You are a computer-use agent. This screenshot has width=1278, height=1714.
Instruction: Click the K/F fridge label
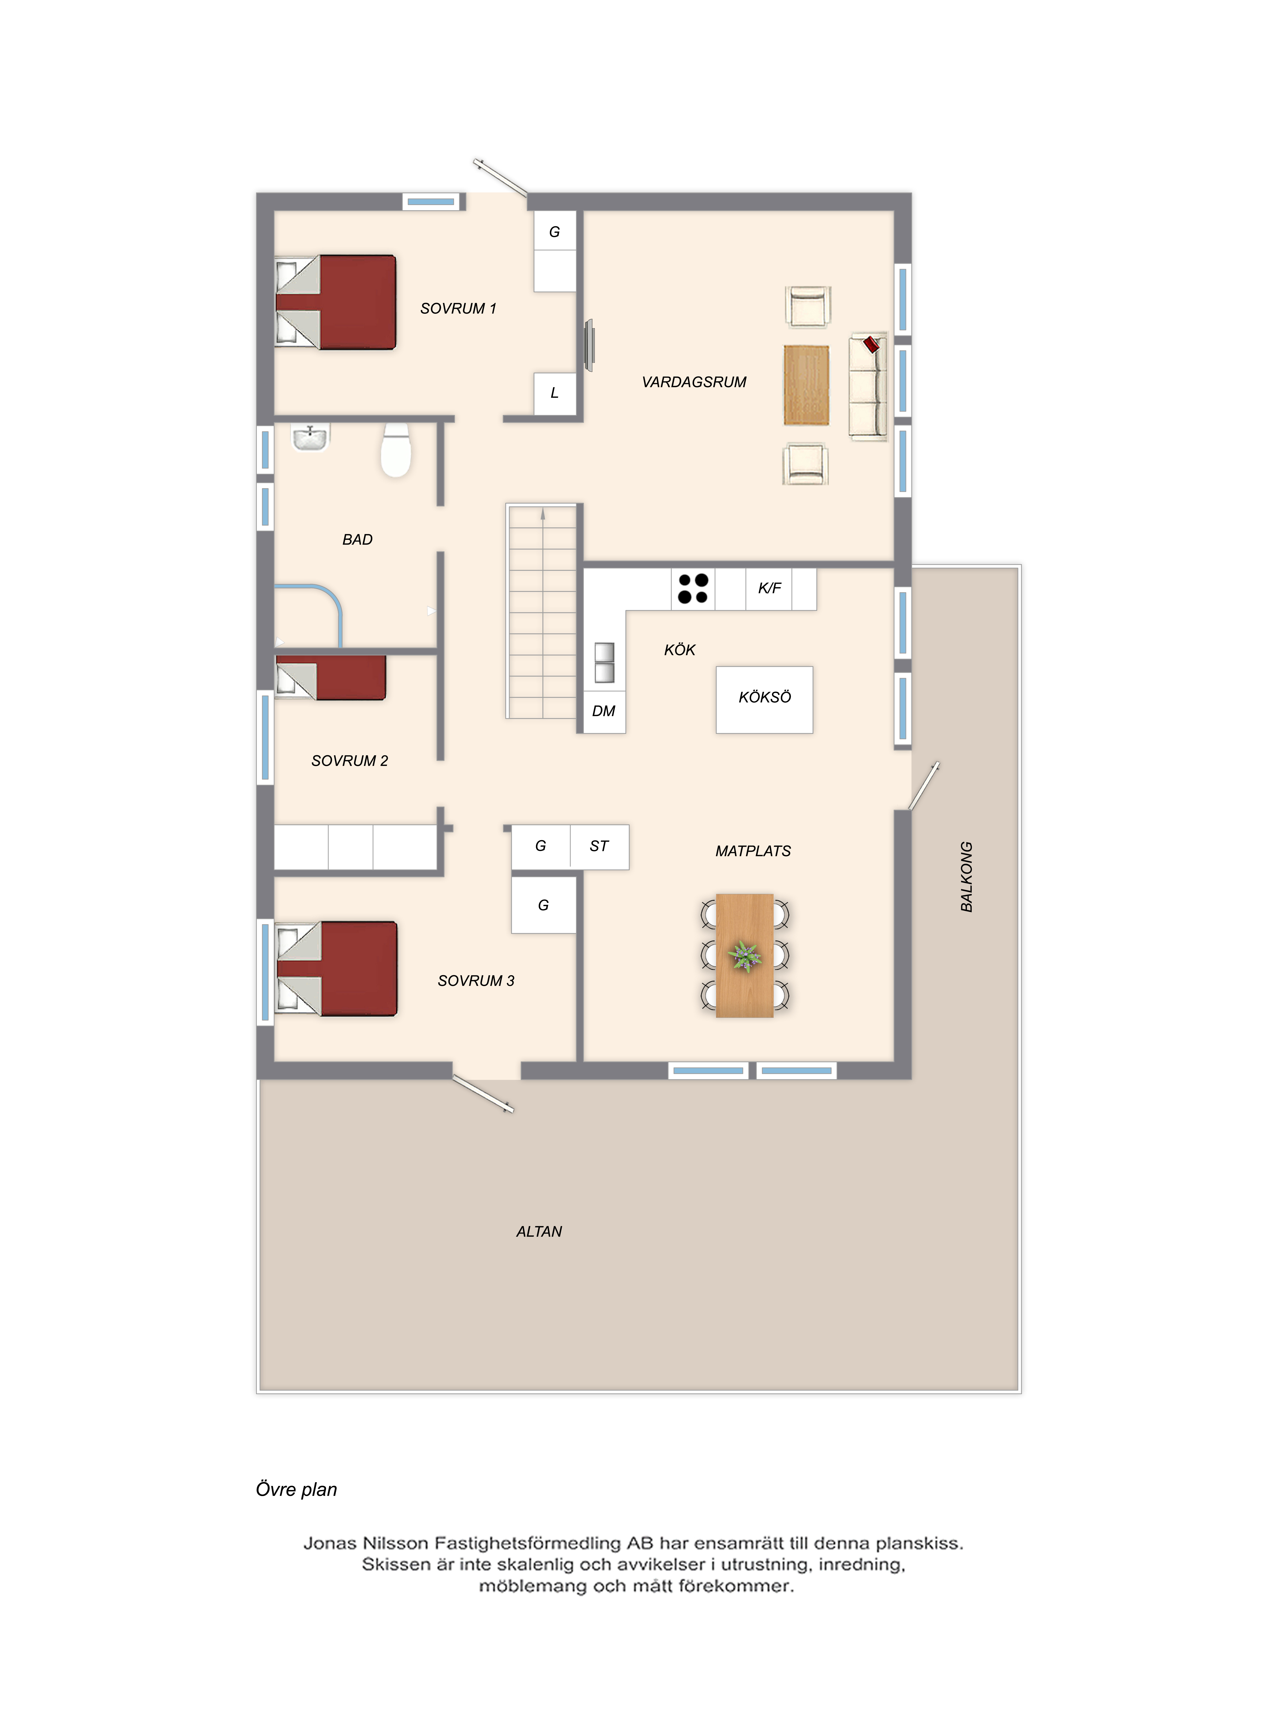[769, 588]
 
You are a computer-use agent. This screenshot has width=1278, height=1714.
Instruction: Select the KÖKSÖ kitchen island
[764, 700]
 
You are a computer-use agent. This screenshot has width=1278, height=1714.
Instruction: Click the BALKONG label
[966, 877]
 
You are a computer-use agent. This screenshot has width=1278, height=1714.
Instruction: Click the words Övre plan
[296, 1489]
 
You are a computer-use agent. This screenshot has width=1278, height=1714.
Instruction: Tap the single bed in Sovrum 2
[330, 678]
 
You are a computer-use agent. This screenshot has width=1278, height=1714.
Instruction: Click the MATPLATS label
[753, 851]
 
